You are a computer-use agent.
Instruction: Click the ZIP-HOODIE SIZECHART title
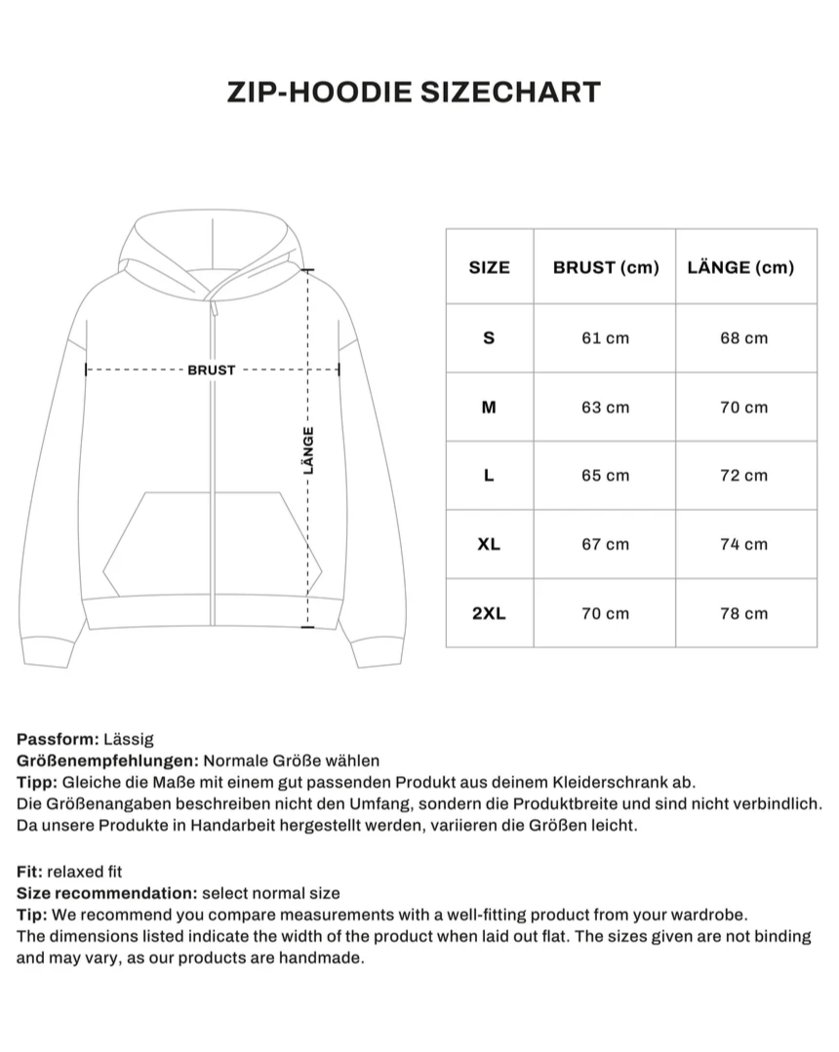414,92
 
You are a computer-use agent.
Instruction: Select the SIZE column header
489,267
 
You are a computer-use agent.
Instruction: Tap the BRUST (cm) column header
606,267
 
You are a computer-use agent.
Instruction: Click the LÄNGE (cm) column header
740,267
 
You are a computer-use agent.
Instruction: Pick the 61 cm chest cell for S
605,338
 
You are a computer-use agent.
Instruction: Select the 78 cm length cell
743,613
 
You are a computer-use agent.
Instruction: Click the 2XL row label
489,613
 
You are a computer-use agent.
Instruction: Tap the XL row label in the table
489,544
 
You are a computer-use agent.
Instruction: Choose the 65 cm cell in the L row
605,476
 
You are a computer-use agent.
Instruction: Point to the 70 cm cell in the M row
743,408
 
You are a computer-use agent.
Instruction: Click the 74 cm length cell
743,544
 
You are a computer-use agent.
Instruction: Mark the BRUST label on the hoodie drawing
212,370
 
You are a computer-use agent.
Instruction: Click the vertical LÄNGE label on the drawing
309,449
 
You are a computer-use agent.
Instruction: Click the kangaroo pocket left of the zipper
156,546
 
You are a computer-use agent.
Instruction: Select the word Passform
54,739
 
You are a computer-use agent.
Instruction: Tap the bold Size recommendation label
106,893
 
